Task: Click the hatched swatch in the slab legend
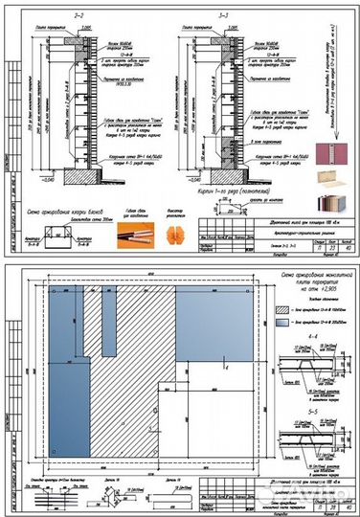point(280,311)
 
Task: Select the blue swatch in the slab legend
point(280,325)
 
